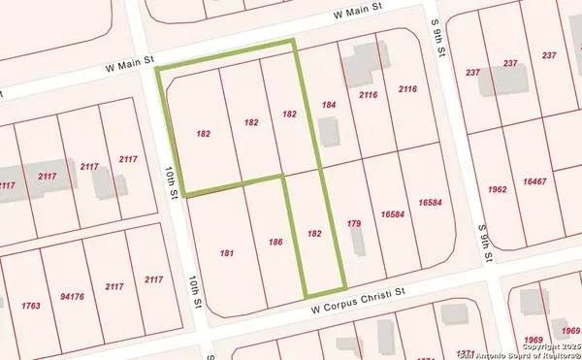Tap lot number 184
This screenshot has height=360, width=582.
(329, 105)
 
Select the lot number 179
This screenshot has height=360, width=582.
(354, 224)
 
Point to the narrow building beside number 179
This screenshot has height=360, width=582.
(357, 241)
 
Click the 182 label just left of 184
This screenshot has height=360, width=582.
(289, 114)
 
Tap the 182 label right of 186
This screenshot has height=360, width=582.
(313, 234)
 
